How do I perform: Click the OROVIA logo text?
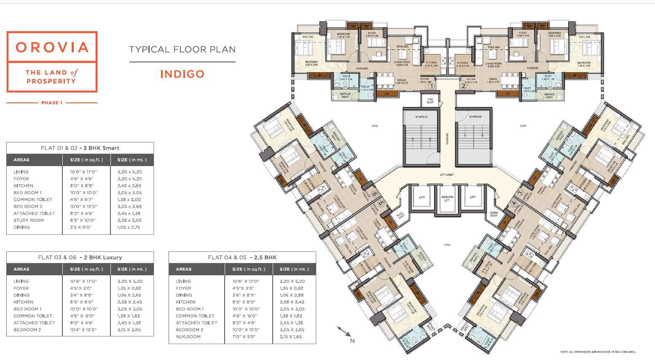(52, 47)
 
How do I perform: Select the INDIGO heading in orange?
(182, 74)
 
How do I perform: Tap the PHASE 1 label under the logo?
(52, 103)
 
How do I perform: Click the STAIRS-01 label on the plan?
(421, 117)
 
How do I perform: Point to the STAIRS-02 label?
(474, 117)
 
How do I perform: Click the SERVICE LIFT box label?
(447, 199)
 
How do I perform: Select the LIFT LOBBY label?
(447, 175)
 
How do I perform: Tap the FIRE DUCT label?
(430, 101)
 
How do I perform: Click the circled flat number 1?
(431, 86)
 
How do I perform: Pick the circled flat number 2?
(463, 86)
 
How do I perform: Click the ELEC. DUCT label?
(401, 215)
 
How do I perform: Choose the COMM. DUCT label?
(494, 214)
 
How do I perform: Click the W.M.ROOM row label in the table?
(188, 337)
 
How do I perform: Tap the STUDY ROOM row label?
(29, 220)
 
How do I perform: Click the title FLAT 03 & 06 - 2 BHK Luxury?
(80, 257)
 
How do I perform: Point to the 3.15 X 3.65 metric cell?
(129, 330)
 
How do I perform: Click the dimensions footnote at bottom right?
(597, 352)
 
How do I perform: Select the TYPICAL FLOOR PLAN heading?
(182, 50)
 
